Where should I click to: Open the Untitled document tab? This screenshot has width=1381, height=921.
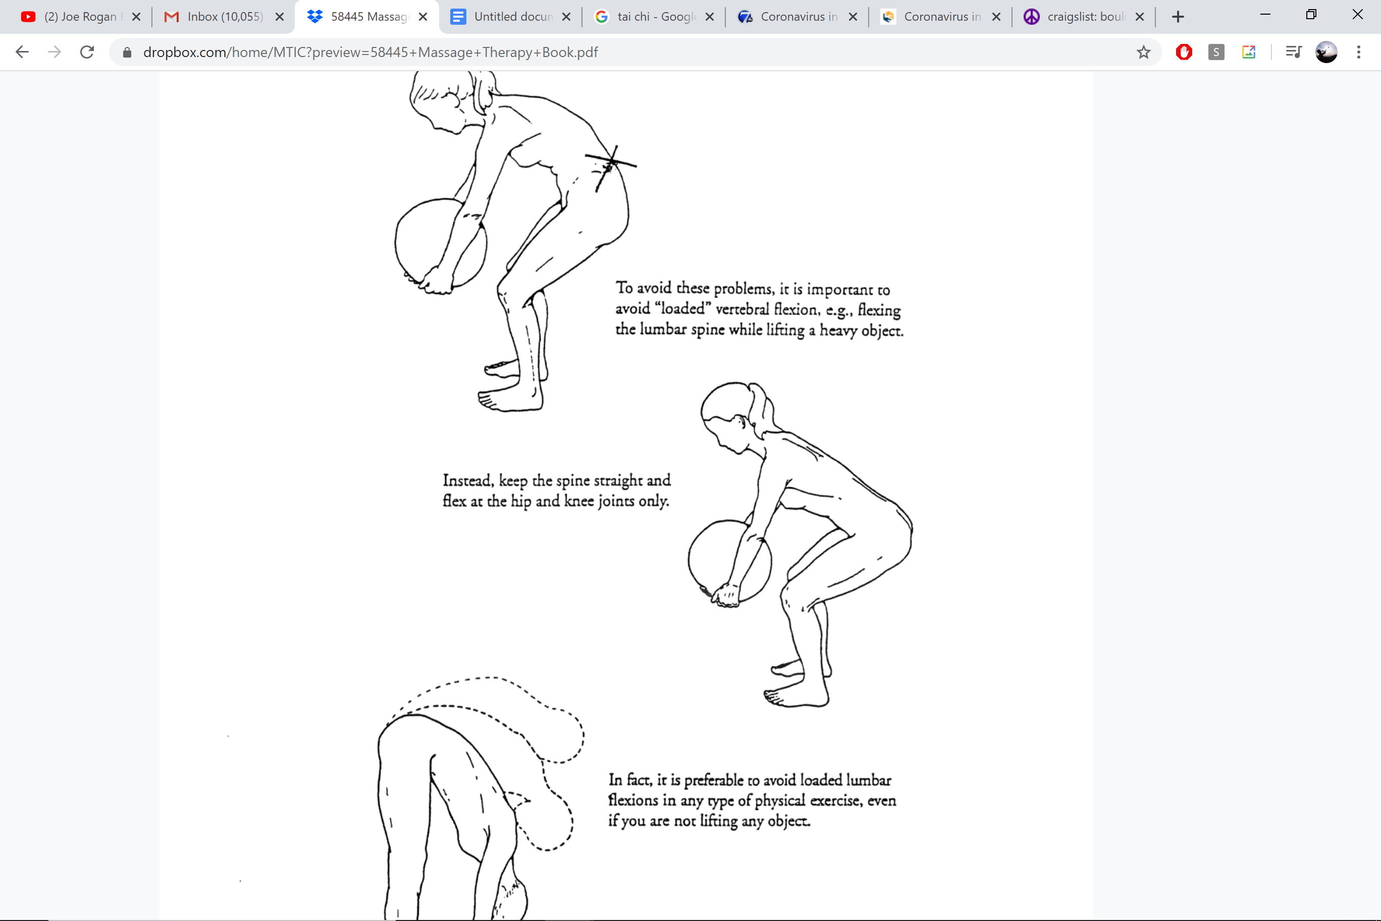(511, 17)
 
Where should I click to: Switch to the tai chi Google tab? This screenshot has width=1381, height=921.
(655, 17)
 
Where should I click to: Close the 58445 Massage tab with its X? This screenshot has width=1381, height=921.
(423, 17)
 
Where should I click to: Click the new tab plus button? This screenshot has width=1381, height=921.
(1178, 17)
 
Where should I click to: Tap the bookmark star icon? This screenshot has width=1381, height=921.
(1143, 53)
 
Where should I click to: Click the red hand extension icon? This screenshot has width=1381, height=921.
(1184, 53)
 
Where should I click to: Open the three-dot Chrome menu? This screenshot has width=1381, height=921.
(1359, 53)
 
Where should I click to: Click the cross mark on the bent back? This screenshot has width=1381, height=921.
(611, 163)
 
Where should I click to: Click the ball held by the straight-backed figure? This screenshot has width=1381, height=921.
(722, 558)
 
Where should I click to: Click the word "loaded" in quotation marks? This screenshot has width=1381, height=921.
(682, 309)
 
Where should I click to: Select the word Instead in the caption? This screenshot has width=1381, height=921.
(467, 481)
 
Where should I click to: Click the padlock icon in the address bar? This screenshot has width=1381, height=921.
(127, 53)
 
